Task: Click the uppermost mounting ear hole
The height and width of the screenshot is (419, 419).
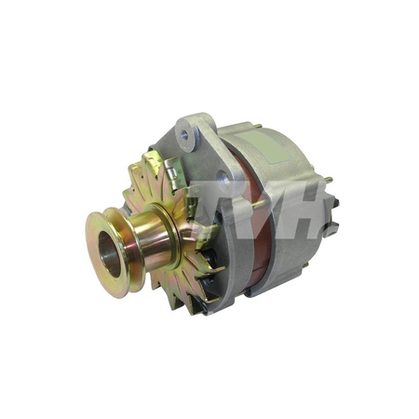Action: click(191, 136)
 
